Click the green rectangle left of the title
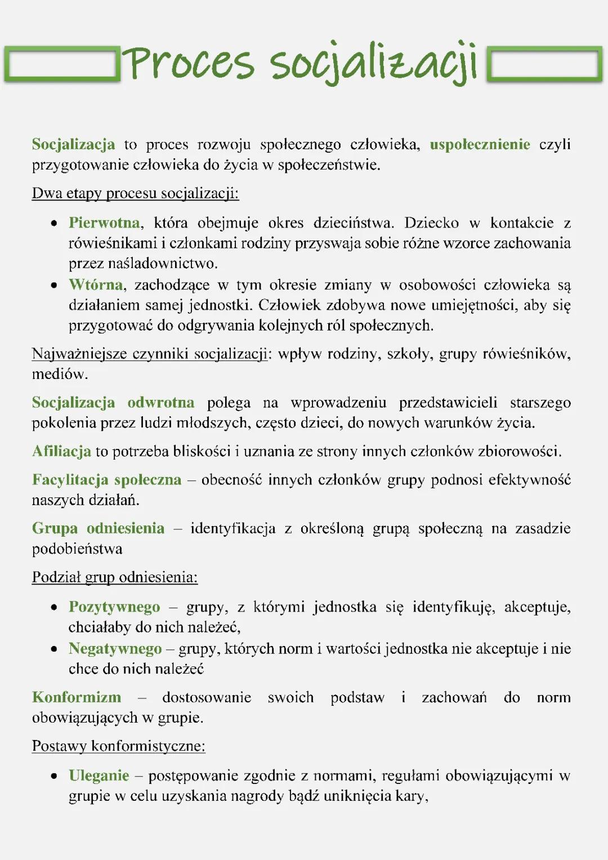click(62, 65)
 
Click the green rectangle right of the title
click(544, 65)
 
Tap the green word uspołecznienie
click(480, 145)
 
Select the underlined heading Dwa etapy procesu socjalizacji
click(135, 194)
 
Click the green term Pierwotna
click(104, 223)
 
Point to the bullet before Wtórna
click(54, 286)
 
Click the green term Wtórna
click(96, 285)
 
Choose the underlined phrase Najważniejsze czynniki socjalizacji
click(150, 354)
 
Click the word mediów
click(60, 375)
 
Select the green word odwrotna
click(160, 403)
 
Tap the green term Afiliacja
click(61, 452)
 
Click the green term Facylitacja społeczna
click(106, 480)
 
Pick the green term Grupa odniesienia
click(98, 528)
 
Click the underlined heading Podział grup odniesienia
click(115, 578)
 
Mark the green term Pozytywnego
click(114, 607)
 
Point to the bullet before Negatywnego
click(54, 649)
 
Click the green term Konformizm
click(77, 697)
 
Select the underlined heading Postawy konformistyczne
click(118, 746)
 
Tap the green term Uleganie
click(99, 776)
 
